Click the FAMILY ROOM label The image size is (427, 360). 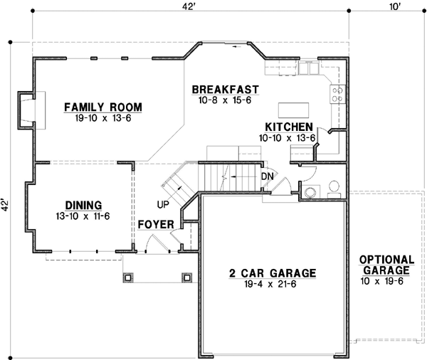(x=103, y=107)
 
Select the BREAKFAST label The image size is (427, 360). (x=224, y=90)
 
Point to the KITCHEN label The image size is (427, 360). (x=288, y=125)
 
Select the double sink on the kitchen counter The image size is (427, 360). (x=308, y=68)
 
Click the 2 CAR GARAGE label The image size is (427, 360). (x=273, y=273)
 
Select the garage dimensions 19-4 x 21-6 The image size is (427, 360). (x=273, y=283)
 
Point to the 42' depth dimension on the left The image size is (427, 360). (x=6, y=206)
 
